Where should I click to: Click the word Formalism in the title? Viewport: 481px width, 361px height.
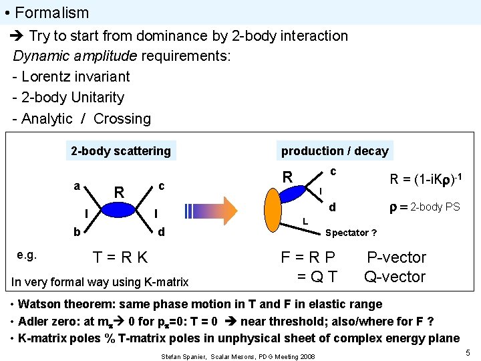(x=51, y=13)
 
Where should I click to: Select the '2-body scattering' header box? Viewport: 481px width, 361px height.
(x=121, y=150)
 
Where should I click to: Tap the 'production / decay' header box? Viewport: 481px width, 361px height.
(x=334, y=150)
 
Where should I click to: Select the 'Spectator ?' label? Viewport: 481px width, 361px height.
(x=351, y=233)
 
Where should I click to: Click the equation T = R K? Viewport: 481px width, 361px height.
(x=121, y=257)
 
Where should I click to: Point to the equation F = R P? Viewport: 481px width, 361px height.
(x=308, y=257)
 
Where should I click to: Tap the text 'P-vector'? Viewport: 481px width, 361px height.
(x=397, y=257)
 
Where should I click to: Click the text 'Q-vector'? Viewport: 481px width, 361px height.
(x=395, y=276)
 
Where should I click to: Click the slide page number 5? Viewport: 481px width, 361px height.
(x=468, y=352)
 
